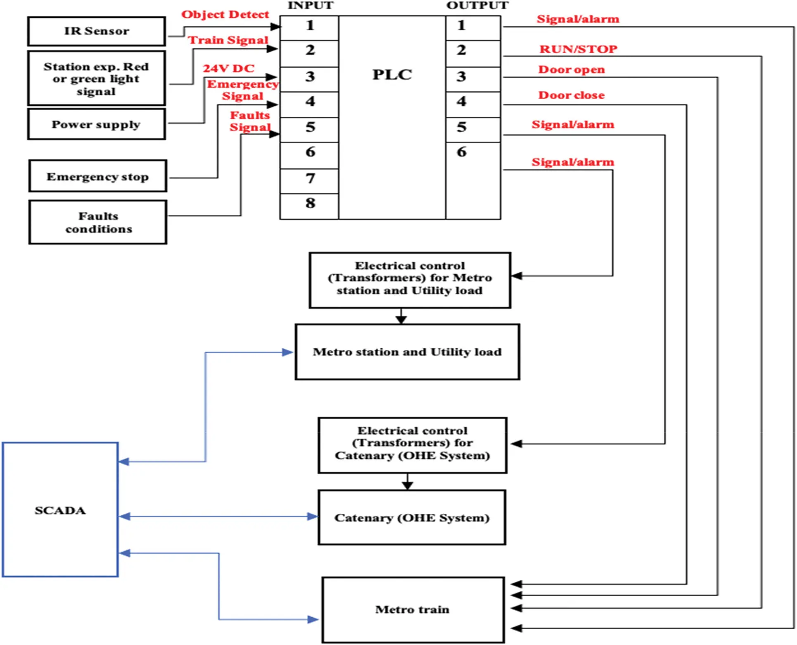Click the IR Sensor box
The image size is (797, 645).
click(97, 31)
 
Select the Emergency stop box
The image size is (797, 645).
click(98, 176)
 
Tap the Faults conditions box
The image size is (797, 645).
click(98, 222)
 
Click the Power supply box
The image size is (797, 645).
click(97, 124)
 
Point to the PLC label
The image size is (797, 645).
click(392, 75)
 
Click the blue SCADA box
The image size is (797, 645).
click(60, 510)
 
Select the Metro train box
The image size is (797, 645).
click(413, 609)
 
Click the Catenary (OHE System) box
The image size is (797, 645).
click(412, 517)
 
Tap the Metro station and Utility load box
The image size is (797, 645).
click(407, 352)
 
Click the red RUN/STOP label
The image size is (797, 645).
click(578, 49)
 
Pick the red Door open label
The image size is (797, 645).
click(571, 69)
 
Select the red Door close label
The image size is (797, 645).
click(571, 95)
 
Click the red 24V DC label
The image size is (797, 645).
click(228, 68)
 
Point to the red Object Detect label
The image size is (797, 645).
click(225, 14)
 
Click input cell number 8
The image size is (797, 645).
click(310, 204)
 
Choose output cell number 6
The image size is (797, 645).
click(461, 152)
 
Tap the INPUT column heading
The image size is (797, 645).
click(310, 5)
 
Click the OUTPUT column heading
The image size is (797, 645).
click(477, 5)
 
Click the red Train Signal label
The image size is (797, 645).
click(228, 40)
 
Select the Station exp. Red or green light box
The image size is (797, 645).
click(97, 78)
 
